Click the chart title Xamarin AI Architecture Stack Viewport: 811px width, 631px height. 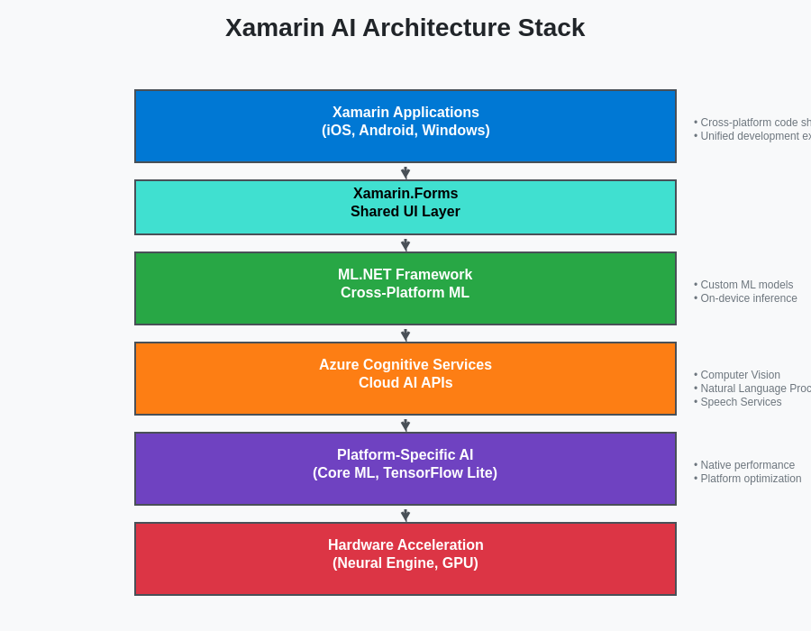coord(405,28)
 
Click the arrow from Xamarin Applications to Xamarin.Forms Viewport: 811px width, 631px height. coord(405,171)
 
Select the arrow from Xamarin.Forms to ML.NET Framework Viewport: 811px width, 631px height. coord(405,243)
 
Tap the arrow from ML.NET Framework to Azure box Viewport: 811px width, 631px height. coord(405,334)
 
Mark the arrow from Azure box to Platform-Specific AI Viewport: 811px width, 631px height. coord(405,424)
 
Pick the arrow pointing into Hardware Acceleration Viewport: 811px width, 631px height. coord(405,514)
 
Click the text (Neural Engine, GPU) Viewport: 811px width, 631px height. coord(405,563)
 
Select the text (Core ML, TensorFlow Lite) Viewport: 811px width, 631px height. coord(405,473)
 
